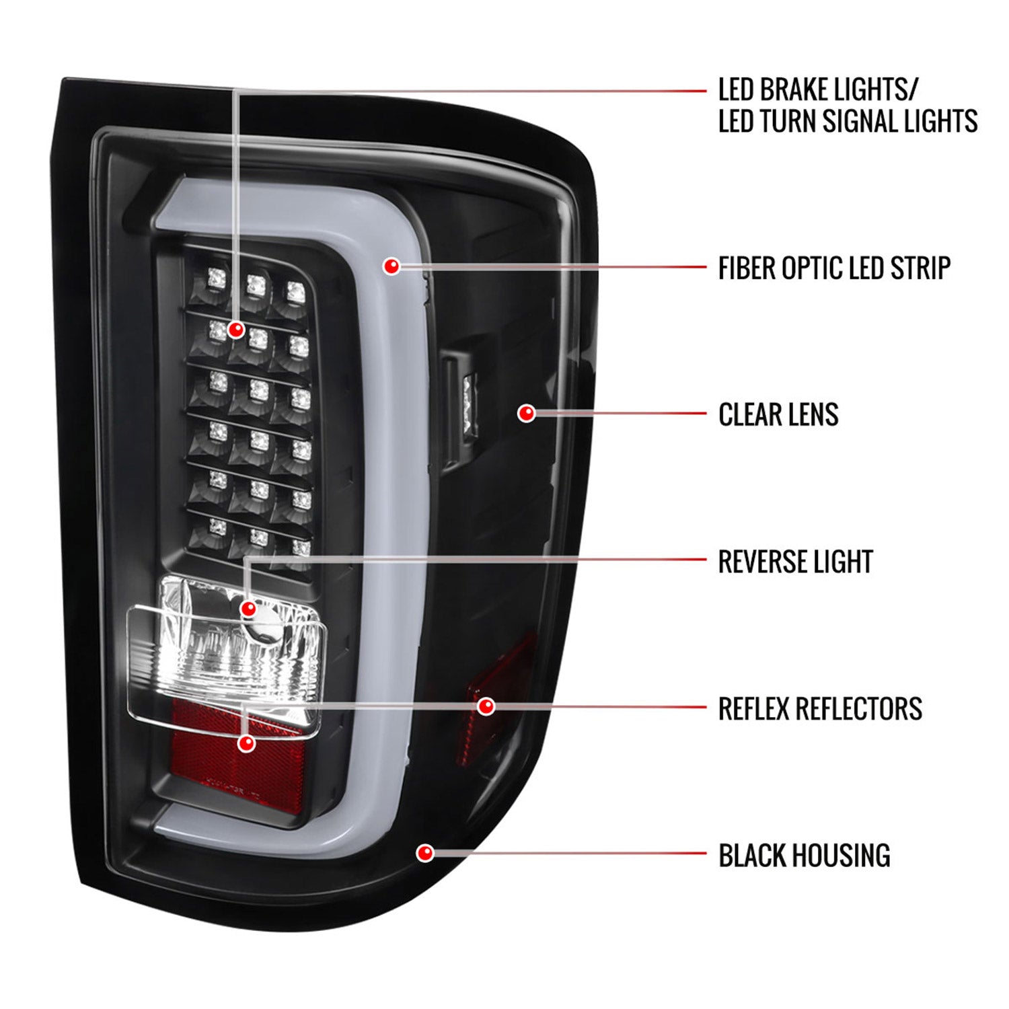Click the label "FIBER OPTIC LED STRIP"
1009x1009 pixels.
click(834, 268)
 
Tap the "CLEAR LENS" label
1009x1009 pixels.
click(778, 414)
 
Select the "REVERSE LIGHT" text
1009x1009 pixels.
click(795, 562)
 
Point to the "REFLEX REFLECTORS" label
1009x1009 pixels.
click(820, 708)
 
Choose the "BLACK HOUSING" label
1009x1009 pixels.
click(804, 856)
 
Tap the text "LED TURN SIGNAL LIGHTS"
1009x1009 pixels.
click(848, 122)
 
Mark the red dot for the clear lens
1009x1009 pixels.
click(526, 413)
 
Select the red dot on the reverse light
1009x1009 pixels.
click(248, 609)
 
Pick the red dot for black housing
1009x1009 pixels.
click(424, 854)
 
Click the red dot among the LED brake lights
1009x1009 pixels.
click(235, 330)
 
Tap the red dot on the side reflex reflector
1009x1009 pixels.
click(486, 706)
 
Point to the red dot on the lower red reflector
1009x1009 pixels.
click(247, 743)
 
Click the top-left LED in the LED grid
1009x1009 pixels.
click(217, 277)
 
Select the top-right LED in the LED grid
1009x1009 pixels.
click(295, 291)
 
